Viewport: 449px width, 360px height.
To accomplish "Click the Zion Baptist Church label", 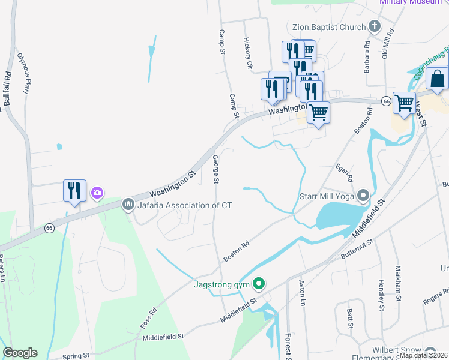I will [x=328, y=27].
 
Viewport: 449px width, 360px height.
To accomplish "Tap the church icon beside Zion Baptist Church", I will [x=375, y=26].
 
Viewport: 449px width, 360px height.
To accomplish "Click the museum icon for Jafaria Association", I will [x=127, y=205].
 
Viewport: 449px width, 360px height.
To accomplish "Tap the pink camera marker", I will [x=97, y=193].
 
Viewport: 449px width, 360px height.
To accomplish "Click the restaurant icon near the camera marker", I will [x=74, y=191].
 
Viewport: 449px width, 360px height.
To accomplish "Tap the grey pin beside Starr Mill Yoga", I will [x=363, y=196].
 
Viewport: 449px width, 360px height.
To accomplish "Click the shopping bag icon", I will [x=439, y=79].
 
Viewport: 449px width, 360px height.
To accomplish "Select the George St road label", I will [x=215, y=169].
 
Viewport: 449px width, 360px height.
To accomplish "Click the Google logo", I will [x=20, y=353].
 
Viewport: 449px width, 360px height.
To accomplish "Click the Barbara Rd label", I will [x=367, y=57].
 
